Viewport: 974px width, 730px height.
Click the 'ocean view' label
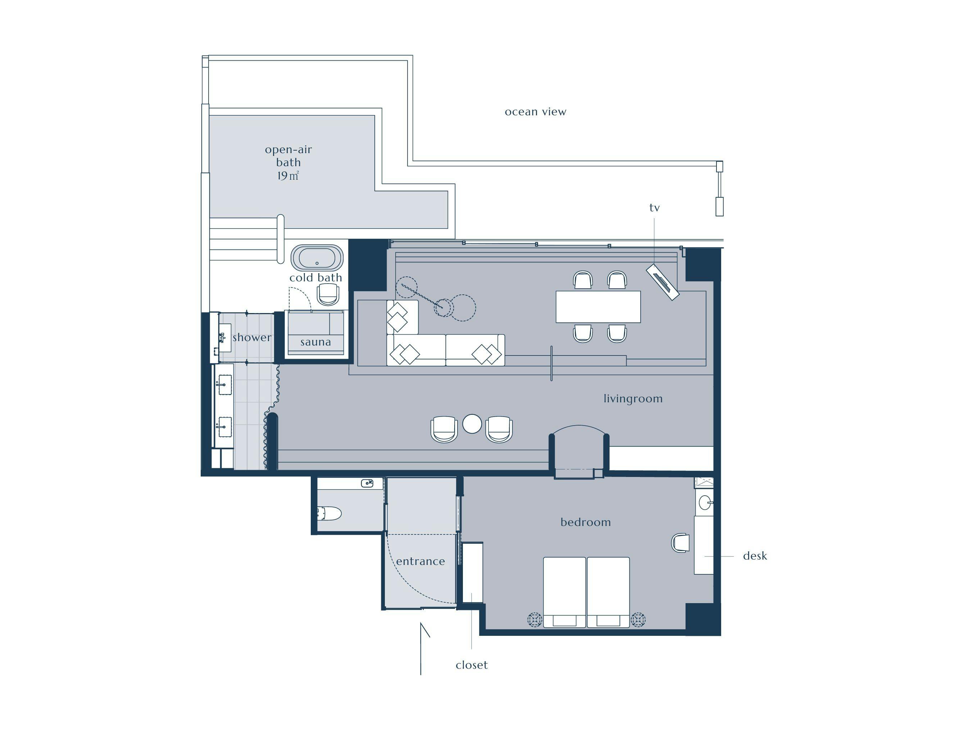(x=536, y=112)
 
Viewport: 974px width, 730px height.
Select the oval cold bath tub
(x=317, y=258)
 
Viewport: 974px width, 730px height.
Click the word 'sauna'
(x=316, y=342)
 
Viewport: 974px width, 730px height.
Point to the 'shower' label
(x=252, y=338)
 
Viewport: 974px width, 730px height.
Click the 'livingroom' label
(x=633, y=399)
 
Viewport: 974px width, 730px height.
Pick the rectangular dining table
(x=598, y=307)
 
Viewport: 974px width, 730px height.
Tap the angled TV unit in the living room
(x=663, y=282)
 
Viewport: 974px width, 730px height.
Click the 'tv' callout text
(x=654, y=208)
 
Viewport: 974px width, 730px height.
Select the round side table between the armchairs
(x=472, y=424)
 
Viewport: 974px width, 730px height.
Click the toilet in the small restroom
(x=329, y=513)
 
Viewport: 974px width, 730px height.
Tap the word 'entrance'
(x=420, y=561)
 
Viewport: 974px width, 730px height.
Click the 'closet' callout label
(x=472, y=665)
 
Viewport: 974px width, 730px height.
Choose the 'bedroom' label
(x=586, y=522)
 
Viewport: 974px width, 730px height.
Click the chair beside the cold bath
(x=328, y=294)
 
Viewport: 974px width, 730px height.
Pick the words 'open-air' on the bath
(x=288, y=150)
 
